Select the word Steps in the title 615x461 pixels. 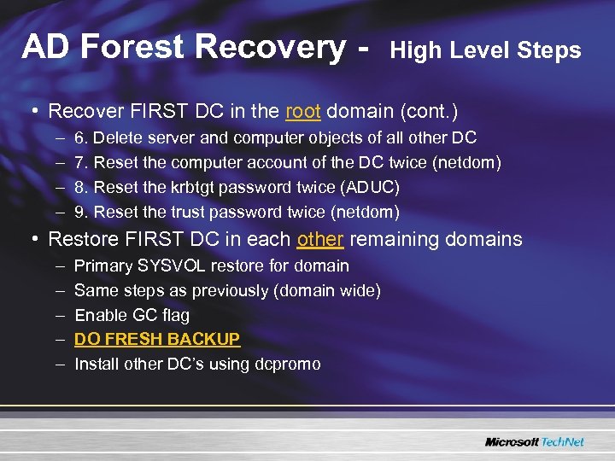point(548,50)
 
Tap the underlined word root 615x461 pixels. point(302,112)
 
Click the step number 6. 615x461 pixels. point(82,137)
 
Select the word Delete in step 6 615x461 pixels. point(118,137)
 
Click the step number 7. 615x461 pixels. point(82,162)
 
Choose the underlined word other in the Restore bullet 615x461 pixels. point(320,240)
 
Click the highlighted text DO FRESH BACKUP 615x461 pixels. point(157,339)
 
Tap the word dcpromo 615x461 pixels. point(288,365)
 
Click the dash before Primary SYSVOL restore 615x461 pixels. point(61,266)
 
